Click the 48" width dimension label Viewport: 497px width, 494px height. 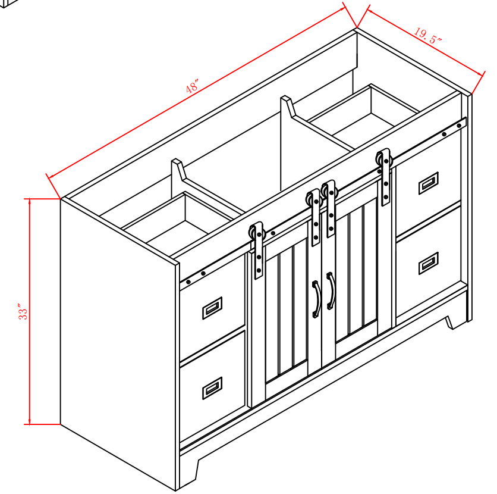[193, 86]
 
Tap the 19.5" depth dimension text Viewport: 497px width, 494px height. [427, 36]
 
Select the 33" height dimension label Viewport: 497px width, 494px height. [23, 312]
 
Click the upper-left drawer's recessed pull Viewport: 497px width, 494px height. [212, 308]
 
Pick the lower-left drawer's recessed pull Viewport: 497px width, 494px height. [212, 388]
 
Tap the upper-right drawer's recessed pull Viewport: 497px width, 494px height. [429, 183]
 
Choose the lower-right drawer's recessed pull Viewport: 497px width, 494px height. [429, 263]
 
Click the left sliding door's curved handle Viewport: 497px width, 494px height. [316, 299]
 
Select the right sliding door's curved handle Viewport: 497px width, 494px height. [331, 290]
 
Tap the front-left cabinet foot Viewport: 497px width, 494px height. [188, 473]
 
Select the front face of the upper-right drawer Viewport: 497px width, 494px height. [428, 184]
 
